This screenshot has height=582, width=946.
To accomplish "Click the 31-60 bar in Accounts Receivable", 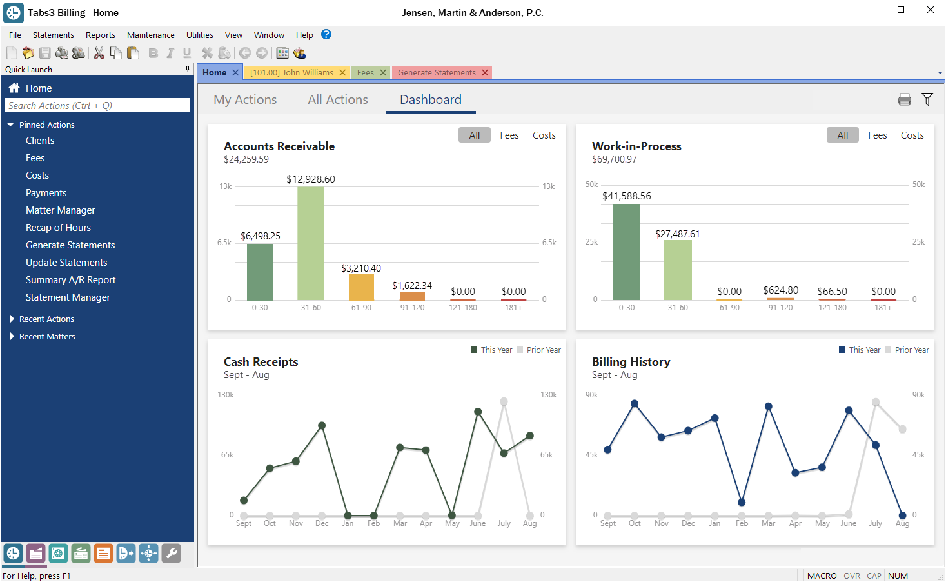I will tap(310, 243).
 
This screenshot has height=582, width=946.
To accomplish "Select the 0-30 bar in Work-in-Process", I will tap(626, 252).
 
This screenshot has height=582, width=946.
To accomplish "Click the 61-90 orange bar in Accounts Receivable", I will tap(361, 287).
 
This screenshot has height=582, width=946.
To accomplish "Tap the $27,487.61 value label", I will tap(677, 234).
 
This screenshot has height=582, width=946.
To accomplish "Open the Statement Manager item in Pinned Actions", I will tap(68, 297).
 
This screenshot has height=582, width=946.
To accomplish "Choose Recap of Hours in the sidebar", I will tap(58, 228).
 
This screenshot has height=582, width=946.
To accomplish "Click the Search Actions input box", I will tap(97, 106).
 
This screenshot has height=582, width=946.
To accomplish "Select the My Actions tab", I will tap(245, 100).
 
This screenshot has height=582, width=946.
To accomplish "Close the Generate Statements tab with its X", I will tap(485, 73).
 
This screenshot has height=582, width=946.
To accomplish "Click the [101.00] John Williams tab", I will tap(291, 73).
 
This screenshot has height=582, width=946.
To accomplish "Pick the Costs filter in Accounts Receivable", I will tap(544, 135).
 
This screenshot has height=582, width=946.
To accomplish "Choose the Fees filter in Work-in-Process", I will tap(877, 135).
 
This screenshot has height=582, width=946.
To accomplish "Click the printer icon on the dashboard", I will tap(904, 99).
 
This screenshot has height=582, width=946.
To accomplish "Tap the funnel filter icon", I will tap(927, 99).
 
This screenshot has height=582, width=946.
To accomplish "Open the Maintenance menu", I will tap(150, 35).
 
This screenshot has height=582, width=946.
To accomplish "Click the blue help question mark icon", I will tap(326, 35).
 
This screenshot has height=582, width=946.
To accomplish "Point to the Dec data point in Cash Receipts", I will tap(322, 426).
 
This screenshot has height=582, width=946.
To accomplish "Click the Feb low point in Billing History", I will tap(742, 502).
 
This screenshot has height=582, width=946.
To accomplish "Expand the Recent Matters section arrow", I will tap(12, 337).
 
